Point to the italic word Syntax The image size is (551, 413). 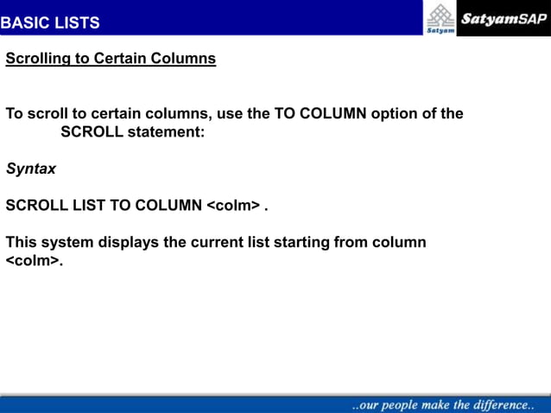[x=30, y=169]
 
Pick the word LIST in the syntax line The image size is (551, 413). [x=87, y=206]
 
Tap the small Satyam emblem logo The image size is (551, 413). [x=440, y=17]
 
